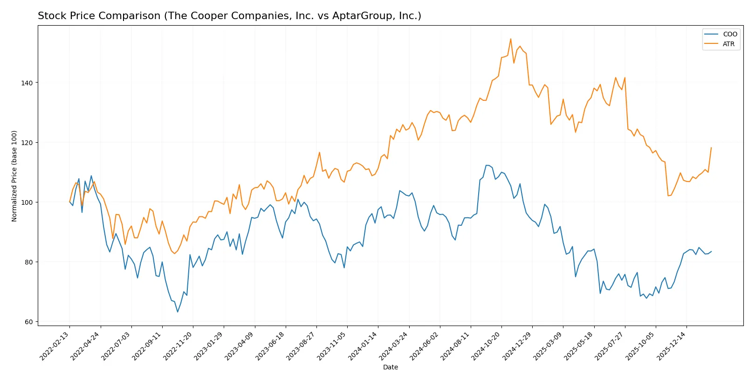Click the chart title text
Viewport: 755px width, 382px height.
click(229, 16)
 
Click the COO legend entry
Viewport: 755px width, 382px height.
click(729, 34)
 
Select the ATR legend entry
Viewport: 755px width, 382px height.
click(728, 44)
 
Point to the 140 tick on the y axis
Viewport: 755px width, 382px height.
click(27, 83)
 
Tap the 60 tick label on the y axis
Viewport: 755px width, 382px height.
click(29, 322)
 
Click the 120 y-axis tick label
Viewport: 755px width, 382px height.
click(27, 143)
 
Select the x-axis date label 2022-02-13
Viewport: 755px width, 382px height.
click(55, 346)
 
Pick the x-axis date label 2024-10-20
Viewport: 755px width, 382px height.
click(487, 346)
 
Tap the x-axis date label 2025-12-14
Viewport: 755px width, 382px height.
click(672, 346)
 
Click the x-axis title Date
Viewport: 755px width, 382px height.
click(390, 367)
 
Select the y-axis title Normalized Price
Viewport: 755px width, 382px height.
click(14, 176)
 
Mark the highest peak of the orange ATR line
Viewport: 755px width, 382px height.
click(511, 39)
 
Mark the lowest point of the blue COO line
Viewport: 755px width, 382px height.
click(178, 312)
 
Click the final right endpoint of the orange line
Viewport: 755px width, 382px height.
click(711, 148)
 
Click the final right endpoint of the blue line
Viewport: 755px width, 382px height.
click(711, 251)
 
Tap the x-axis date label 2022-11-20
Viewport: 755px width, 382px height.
click(178, 346)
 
